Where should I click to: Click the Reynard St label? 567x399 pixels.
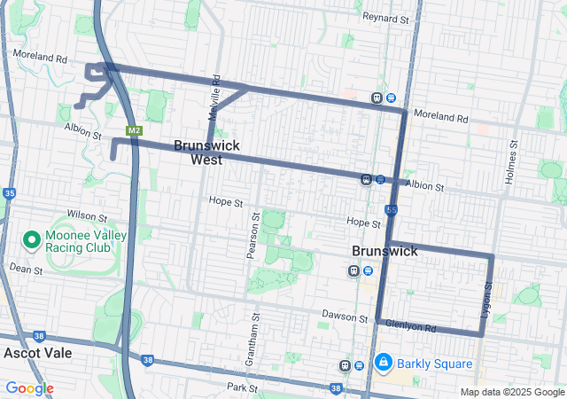pyautogui.click(x=385, y=18)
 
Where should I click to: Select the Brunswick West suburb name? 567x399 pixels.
pyautogui.click(x=206, y=152)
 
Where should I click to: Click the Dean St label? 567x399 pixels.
pyautogui.click(x=26, y=268)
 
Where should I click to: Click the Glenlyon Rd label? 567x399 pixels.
pyautogui.click(x=416, y=328)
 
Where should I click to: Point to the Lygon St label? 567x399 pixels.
pyautogui.click(x=486, y=300)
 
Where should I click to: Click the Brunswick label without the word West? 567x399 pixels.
pyautogui.click(x=384, y=251)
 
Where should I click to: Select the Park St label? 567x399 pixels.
pyautogui.click(x=241, y=387)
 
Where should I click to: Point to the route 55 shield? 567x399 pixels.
pyautogui.click(x=391, y=209)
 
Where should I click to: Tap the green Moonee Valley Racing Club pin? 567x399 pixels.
pyautogui.click(x=31, y=240)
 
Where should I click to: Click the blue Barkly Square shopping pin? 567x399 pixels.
pyautogui.click(x=384, y=362)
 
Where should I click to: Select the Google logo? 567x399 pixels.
pyautogui.click(x=29, y=388)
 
